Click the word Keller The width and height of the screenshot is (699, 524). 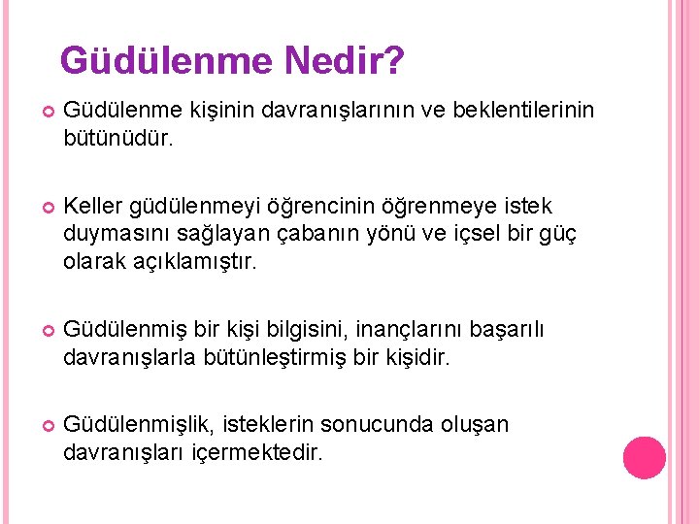pos(90,206)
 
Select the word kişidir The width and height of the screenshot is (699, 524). pos(418,357)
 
